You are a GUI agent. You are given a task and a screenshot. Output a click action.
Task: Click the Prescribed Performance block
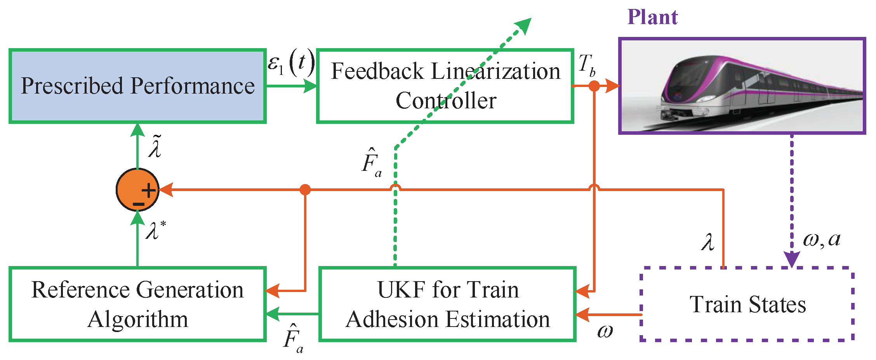click(137, 86)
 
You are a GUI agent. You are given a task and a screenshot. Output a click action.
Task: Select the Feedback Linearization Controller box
click(445, 86)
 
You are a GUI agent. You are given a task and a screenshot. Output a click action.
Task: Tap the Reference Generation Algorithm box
click(137, 304)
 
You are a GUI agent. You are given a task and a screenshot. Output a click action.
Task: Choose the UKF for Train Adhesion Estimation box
click(447, 304)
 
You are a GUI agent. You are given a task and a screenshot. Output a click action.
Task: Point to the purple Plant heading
click(652, 17)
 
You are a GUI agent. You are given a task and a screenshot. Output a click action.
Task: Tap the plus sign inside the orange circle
click(148, 190)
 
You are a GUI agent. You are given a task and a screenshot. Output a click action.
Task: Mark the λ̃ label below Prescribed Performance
click(155, 146)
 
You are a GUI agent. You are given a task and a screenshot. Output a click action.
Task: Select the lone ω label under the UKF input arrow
click(605, 331)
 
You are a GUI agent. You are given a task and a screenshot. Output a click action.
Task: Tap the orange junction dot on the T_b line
click(594, 86)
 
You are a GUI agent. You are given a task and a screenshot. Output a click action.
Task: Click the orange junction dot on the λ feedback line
click(305, 190)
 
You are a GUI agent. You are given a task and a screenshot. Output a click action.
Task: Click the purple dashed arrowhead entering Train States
click(792, 259)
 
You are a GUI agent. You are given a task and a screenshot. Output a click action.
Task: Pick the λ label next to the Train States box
click(708, 242)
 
